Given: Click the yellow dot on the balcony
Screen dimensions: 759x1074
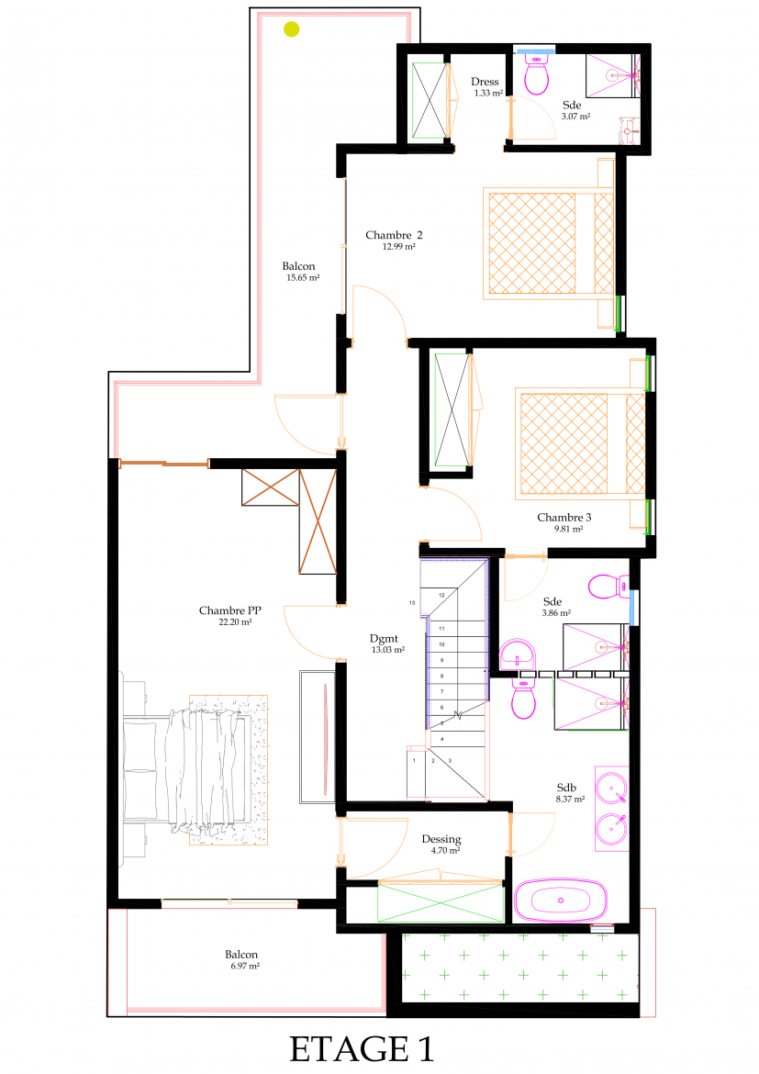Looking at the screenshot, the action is click(292, 29).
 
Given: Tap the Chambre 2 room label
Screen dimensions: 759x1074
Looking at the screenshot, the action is click(394, 235).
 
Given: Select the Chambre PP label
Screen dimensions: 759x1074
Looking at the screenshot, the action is click(230, 610).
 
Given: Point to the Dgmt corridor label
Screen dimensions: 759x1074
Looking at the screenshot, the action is click(384, 638).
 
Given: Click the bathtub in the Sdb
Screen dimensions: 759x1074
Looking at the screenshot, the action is click(561, 900).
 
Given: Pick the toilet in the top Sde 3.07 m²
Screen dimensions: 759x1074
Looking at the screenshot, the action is click(536, 74).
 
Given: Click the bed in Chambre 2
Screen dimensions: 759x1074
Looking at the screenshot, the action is click(549, 243).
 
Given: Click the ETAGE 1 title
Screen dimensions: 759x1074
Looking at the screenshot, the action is click(362, 1048).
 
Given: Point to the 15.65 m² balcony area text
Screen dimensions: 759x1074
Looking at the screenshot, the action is click(303, 278).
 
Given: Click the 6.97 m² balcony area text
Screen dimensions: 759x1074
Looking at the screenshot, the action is click(245, 966).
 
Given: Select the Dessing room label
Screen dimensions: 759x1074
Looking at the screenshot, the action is click(441, 839).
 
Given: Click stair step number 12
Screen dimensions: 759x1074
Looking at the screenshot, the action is click(441, 595).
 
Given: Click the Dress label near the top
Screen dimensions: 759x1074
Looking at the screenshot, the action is click(485, 82).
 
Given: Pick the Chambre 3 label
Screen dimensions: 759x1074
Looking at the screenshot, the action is click(564, 517).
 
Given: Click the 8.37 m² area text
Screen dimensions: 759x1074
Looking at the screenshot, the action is click(571, 800).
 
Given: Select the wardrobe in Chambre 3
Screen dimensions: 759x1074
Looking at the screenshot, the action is click(452, 409).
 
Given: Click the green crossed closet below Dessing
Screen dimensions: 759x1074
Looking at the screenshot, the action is click(441, 902).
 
